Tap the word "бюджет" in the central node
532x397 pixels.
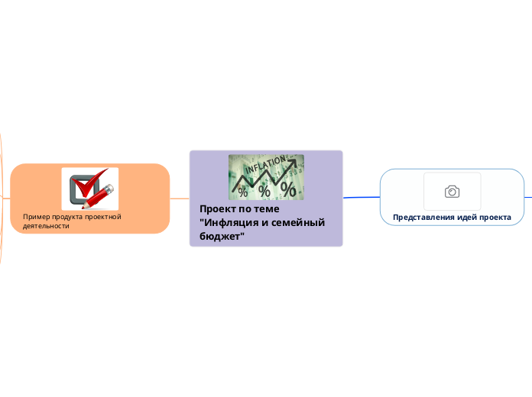coord(219,236)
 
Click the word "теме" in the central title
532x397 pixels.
coord(268,208)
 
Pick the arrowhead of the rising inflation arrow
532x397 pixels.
coord(292,162)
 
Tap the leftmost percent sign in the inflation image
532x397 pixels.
coord(243,192)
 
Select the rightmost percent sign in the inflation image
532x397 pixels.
coord(289,189)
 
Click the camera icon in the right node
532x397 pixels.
coord(452,192)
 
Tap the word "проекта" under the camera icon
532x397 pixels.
coord(495,218)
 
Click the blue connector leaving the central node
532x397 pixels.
coord(361,197)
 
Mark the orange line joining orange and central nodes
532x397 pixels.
coord(179,198)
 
